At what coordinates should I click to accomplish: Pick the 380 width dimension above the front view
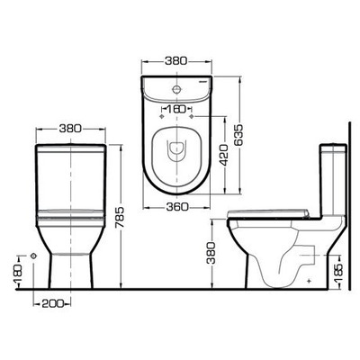(71, 128)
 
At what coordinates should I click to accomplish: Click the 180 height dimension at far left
(16, 267)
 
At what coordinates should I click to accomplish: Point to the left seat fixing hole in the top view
(162, 118)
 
